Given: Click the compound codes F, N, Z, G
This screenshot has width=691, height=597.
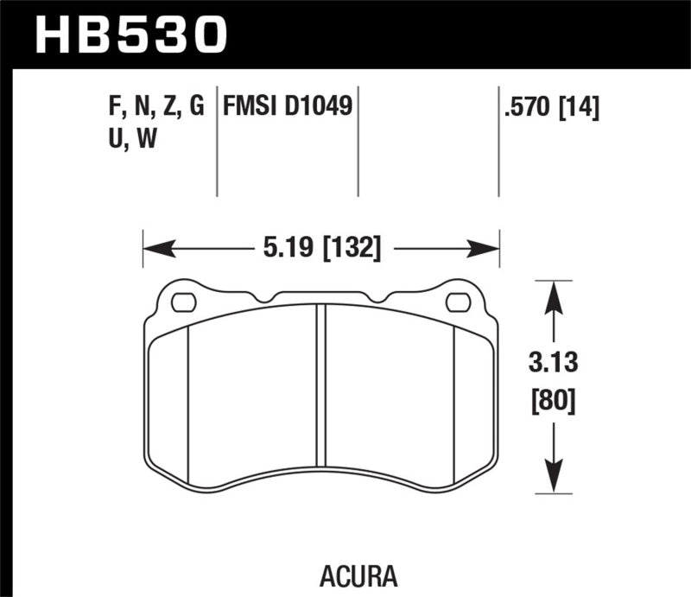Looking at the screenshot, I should (x=152, y=107).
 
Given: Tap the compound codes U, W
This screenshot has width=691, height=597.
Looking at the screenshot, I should (x=129, y=138).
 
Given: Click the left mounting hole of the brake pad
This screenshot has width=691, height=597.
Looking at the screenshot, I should (x=184, y=302).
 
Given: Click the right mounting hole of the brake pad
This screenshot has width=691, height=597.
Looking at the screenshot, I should (x=458, y=302).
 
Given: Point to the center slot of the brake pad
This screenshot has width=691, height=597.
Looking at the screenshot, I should (x=320, y=385).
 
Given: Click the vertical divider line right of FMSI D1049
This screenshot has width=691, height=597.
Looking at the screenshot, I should (x=358, y=143).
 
